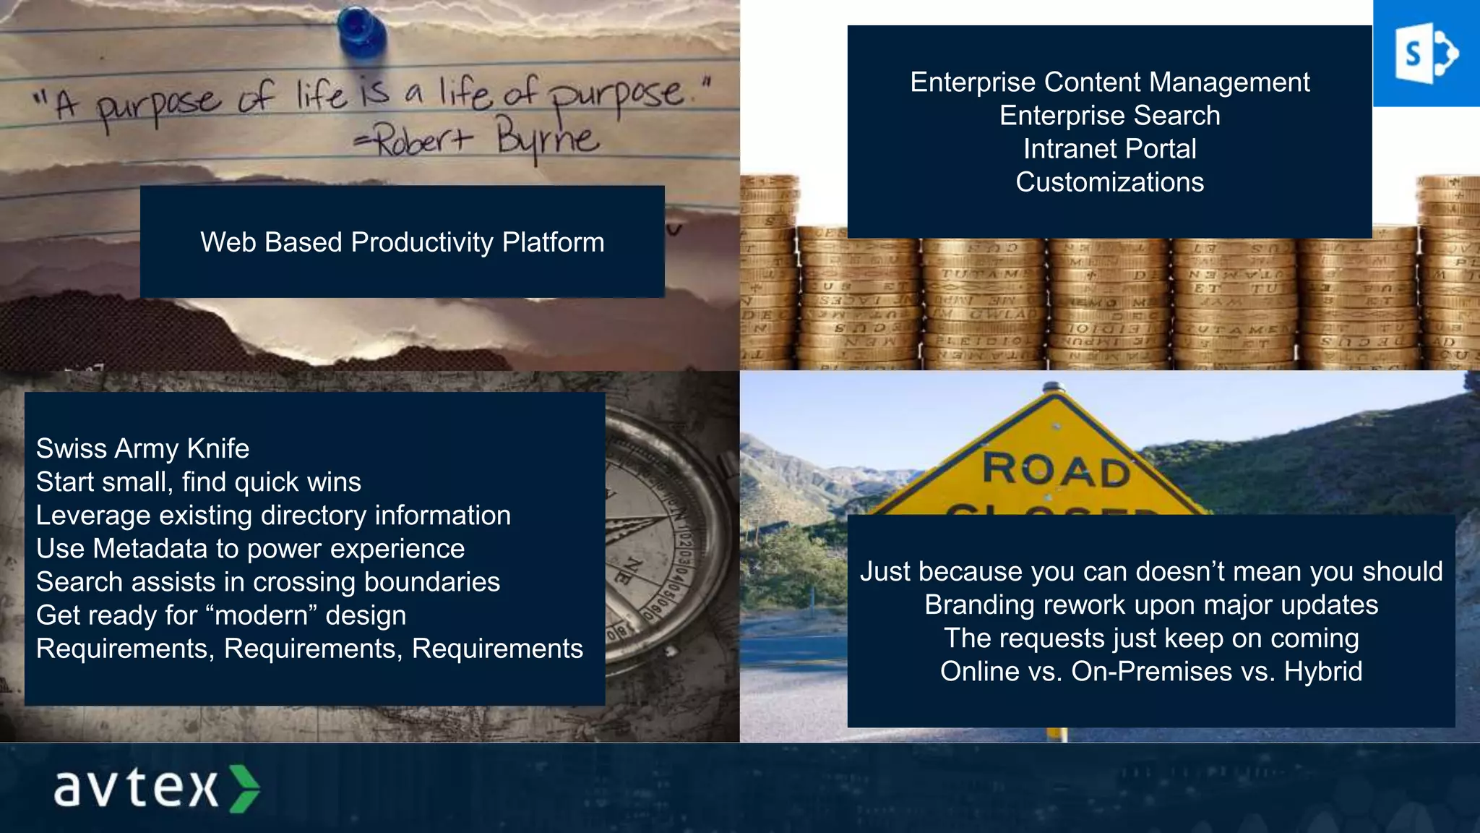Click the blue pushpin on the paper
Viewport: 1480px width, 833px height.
360,30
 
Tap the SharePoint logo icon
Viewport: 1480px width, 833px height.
1426,54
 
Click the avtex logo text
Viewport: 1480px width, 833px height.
136,787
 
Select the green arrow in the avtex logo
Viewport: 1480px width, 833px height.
244,788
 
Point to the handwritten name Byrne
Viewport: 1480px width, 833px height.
547,138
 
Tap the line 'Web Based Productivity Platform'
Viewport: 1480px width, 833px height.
402,242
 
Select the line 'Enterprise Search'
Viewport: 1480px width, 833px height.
1109,116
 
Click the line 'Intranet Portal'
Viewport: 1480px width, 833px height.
1109,149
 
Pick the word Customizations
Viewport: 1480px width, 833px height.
1109,182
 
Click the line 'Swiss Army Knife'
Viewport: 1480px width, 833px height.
142,449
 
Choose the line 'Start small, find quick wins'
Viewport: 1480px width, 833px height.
198,482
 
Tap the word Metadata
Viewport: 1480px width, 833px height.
150,549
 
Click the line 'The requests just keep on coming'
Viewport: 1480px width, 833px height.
1150,638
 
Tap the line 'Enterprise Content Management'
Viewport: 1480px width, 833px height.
1109,82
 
